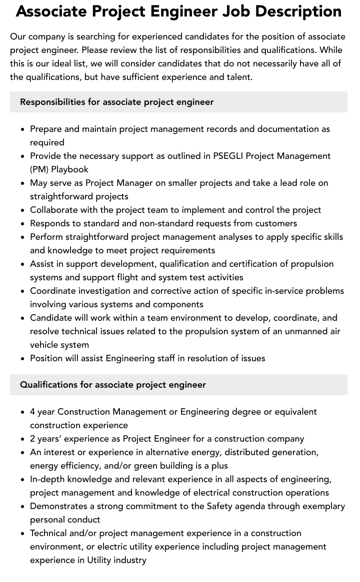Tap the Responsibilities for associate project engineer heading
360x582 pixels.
coord(116,102)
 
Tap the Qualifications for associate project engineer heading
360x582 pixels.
coord(113,385)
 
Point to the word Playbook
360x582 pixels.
coord(69,169)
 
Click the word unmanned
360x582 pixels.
coord(305,331)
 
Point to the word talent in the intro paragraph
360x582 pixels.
coord(238,77)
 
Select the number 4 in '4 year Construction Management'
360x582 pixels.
coord(32,412)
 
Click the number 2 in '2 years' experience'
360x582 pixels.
coord(32,439)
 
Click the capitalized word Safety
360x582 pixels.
coord(219,506)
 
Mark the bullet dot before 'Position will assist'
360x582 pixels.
coord(22,359)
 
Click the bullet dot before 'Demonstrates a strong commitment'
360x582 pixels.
coord(22,507)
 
